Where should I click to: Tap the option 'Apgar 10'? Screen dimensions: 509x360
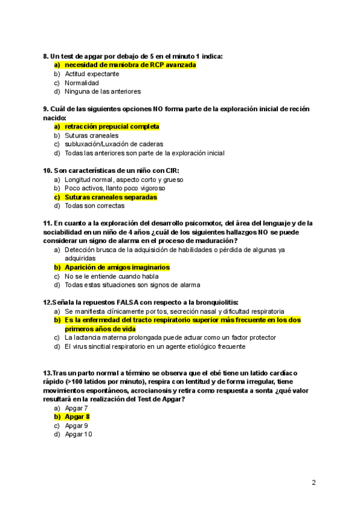79,434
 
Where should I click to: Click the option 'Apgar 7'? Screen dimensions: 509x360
76,408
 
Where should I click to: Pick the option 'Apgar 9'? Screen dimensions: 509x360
77,426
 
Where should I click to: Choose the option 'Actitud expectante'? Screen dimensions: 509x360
92,74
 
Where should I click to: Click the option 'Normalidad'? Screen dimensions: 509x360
82,83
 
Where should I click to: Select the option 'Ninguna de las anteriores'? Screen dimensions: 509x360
103,92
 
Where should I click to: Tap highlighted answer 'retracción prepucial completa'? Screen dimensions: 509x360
112,127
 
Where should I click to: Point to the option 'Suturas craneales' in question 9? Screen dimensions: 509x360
91,136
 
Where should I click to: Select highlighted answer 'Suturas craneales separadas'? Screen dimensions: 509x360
110,197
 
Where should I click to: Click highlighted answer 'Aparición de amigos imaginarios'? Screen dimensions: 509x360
117,267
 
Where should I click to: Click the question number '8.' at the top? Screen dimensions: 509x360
46,56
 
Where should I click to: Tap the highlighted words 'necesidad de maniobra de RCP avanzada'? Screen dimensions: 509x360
130,65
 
